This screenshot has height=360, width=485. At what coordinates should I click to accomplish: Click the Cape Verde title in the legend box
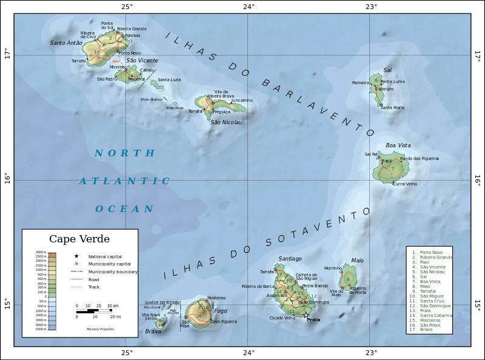point(79,239)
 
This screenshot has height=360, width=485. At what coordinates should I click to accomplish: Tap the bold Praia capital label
point(313,319)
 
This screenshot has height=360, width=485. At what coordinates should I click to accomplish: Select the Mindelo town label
point(125,67)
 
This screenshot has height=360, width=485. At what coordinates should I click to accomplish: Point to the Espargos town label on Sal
point(384,89)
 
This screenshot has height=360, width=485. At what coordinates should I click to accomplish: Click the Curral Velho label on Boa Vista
point(406,184)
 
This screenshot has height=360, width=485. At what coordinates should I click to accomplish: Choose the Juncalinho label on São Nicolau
point(242,100)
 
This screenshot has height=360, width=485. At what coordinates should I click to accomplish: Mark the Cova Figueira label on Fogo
point(224,322)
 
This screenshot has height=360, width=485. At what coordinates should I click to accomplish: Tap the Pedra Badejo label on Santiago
point(315,285)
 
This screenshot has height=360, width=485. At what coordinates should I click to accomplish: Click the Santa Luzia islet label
point(169,80)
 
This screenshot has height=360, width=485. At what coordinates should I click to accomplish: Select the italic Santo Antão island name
point(65,43)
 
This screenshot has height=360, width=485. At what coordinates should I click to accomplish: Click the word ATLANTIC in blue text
point(124,181)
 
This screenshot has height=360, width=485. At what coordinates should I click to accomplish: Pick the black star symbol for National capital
point(76,256)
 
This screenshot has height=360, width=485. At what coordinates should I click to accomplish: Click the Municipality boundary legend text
point(113,272)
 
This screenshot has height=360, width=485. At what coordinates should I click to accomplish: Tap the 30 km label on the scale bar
point(113,305)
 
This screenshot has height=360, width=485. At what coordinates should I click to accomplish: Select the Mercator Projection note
point(100,329)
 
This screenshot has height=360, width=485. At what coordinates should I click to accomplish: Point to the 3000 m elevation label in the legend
point(41,252)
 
